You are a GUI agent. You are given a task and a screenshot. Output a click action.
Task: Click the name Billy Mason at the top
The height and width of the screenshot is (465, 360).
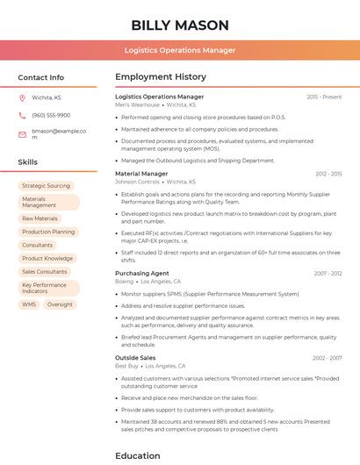point(179,25)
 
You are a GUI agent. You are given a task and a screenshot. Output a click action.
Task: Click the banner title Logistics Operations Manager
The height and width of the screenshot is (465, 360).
point(179,50)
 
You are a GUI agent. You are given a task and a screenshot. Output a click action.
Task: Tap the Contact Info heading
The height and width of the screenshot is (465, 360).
point(40,77)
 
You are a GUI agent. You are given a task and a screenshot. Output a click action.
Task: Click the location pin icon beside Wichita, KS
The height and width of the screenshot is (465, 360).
point(22,97)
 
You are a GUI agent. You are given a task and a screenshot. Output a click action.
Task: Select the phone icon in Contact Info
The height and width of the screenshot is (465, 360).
point(22,115)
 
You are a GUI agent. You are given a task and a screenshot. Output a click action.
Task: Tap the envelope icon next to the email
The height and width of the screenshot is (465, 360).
point(22,133)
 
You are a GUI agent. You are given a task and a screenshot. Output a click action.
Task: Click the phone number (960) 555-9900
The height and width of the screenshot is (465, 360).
point(50,115)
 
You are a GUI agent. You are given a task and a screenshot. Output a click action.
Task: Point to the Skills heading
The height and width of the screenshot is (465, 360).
point(27,162)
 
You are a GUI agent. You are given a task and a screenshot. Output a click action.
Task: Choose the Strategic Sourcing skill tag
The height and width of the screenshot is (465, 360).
point(46,186)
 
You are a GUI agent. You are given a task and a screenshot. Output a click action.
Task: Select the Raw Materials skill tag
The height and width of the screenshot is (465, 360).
point(40,218)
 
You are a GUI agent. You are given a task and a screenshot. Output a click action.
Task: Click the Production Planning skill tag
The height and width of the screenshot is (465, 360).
point(48,232)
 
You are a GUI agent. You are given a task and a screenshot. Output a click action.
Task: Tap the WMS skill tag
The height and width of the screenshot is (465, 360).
point(29,304)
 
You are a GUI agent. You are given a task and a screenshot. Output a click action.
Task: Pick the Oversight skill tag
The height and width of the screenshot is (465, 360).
point(60,304)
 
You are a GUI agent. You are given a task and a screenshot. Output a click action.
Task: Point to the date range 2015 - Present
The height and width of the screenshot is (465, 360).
point(324,97)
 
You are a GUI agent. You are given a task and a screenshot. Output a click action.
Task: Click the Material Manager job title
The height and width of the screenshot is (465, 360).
point(141,174)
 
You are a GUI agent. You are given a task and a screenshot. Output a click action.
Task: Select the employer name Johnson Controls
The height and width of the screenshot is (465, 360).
point(137,182)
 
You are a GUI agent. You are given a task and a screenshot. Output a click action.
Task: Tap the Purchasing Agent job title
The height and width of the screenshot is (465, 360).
point(142,274)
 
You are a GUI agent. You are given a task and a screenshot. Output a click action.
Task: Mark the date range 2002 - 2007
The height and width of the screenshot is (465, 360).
point(327,358)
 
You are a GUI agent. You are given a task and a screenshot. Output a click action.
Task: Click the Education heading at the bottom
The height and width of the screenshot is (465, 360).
point(138,455)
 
